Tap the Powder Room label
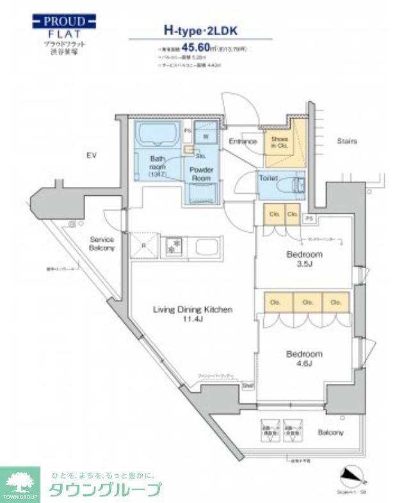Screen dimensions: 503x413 (x=201, y=174)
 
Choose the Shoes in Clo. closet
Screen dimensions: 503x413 (x=279, y=143)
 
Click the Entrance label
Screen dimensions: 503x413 (x=243, y=141)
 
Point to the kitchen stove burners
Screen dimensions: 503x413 (x=173, y=244)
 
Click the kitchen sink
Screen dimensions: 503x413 (x=206, y=246)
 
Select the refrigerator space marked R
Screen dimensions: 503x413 (x=144, y=244)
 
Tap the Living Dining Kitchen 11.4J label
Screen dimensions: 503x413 (x=192, y=314)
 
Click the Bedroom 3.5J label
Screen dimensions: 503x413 (x=304, y=259)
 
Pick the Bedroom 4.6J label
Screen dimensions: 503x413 (x=304, y=358)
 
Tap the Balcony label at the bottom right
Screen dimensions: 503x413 (x=330, y=433)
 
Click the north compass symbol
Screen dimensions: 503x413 (x=353, y=475)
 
